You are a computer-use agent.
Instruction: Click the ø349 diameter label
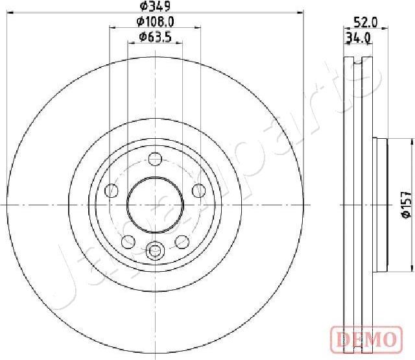tap(155, 7)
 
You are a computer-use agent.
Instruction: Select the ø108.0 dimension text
tap(155, 22)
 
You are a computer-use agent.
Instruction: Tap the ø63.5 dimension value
tap(155, 37)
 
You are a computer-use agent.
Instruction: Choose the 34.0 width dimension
tap(357, 38)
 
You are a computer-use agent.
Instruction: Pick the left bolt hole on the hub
tap(112, 191)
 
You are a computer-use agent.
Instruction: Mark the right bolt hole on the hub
tap(198, 191)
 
